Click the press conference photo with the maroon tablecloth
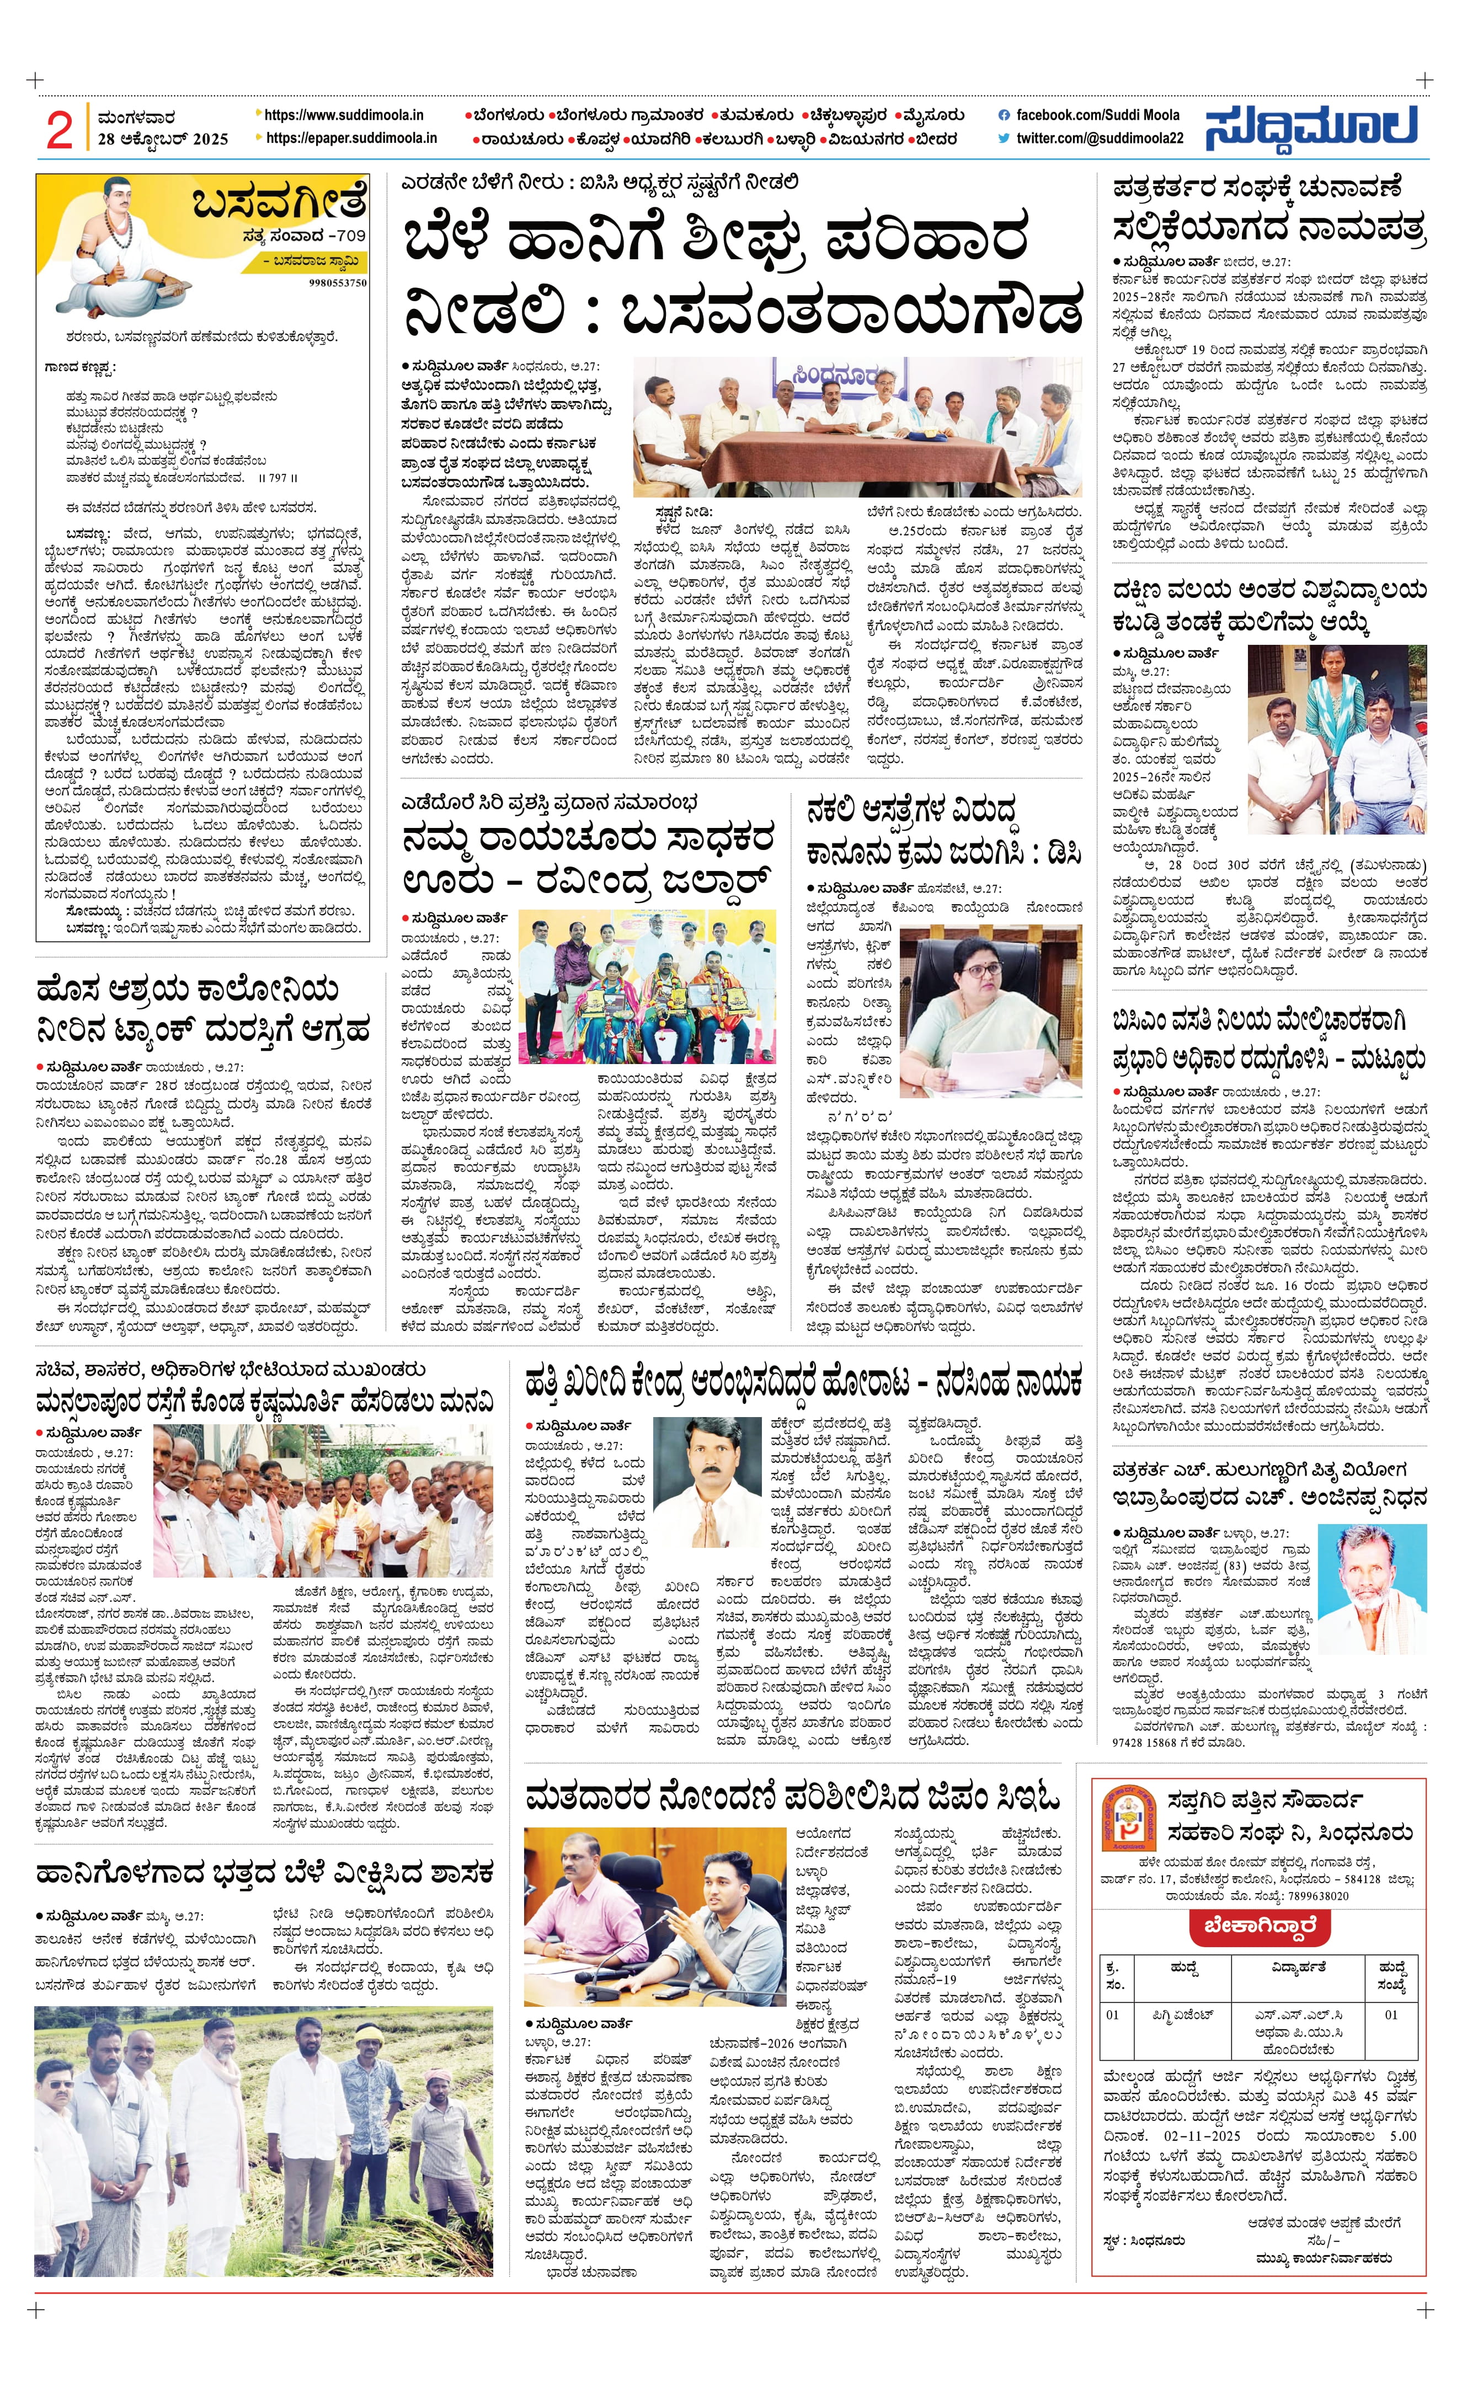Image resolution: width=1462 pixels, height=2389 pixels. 857,427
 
